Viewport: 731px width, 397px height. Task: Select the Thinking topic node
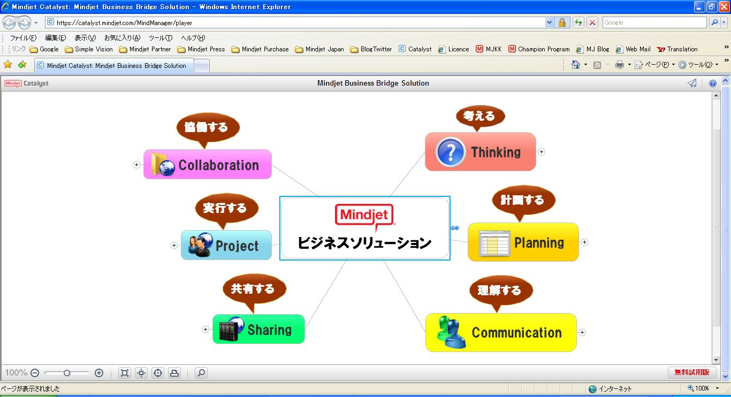point(496,152)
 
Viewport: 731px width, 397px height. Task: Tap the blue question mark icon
point(450,152)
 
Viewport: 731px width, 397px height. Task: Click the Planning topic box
point(538,242)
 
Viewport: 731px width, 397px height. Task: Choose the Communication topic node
point(516,333)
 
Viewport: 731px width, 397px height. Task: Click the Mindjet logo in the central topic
point(364,216)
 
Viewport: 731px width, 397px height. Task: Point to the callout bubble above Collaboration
point(208,127)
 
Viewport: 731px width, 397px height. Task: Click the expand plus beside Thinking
point(542,152)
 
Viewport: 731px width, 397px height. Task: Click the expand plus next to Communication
point(582,332)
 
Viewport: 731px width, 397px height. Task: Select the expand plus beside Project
point(174,246)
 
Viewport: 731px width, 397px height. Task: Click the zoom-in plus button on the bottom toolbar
point(99,373)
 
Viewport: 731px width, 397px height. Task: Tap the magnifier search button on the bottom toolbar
point(201,373)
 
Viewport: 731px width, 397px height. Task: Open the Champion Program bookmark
point(539,49)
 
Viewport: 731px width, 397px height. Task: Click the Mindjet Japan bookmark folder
point(319,49)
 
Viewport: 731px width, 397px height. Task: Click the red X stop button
point(592,22)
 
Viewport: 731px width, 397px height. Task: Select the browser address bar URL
point(124,23)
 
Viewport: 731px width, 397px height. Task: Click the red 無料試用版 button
point(691,372)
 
